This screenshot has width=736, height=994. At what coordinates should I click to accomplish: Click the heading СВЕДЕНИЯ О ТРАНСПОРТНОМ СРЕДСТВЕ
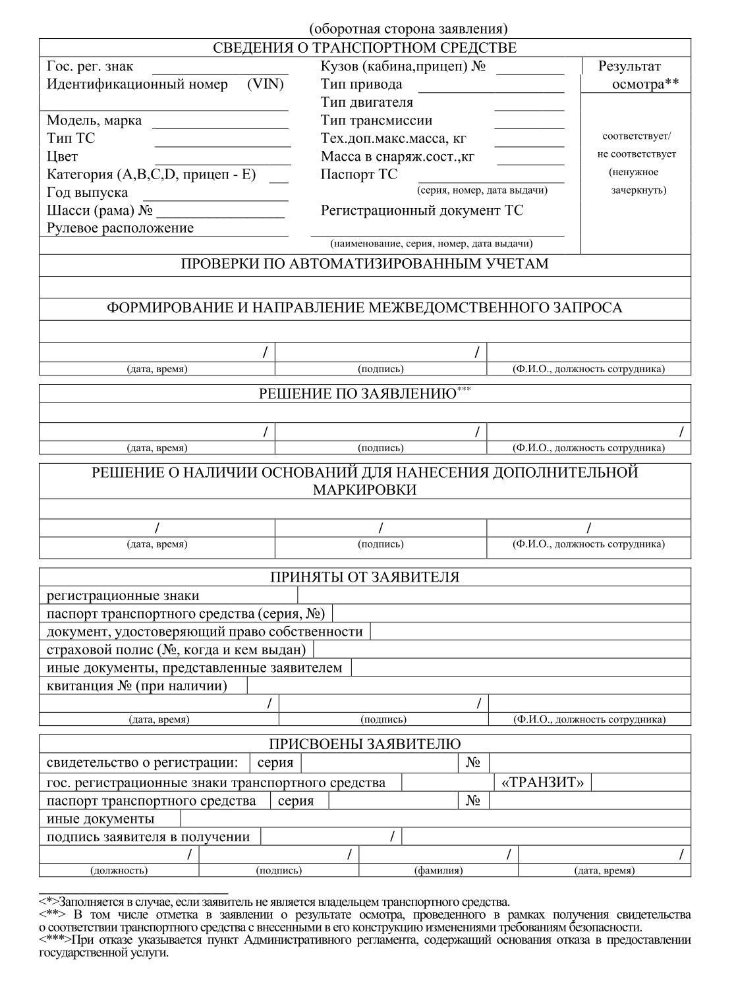(x=364, y=48)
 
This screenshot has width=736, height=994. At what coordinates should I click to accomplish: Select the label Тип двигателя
(x=367, y=102)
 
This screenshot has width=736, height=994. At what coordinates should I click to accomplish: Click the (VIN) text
(x=266, y=84)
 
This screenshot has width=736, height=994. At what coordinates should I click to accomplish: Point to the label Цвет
(x=62, y=157)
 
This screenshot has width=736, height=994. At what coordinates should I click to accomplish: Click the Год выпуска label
(x=88, y=193)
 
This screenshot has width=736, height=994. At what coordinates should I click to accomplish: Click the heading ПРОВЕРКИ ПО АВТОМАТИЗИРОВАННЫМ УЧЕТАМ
(x=364, y=264)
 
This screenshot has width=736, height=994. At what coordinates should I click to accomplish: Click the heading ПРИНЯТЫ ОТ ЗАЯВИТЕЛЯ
(x=364, y=577)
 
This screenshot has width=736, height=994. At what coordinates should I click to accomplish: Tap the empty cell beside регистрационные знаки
(x=494, y=595)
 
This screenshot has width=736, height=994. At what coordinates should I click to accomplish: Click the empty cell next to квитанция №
(x=468, y=686)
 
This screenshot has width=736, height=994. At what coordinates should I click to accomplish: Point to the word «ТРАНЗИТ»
(x=543, y=783)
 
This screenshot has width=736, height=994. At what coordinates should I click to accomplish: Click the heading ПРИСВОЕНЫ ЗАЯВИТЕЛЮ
(x=364, y=744)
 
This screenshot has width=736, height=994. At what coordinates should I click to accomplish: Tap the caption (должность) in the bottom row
(x=119, y=870)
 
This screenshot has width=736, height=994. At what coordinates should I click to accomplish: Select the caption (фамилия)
(x=438, y=870)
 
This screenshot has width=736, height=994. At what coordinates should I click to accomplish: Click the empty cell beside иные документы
(x=435, y=819)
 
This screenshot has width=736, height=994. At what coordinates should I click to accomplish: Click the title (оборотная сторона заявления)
(x=408, y=29)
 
